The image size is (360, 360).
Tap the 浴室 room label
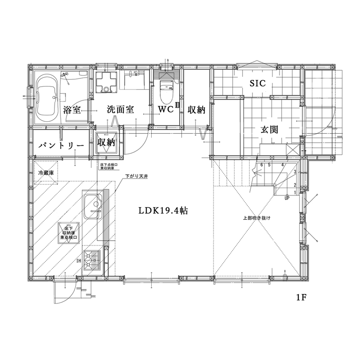(72, 110)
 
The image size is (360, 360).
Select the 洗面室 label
(120, 110)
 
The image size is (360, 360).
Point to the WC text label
(165, 110)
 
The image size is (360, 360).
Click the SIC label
(255, 83)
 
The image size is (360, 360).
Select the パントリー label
(61, 146)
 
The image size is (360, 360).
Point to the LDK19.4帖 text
(162, 211)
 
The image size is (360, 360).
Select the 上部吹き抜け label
(256, 218)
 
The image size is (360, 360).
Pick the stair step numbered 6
(261, 165)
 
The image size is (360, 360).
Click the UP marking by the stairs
(286, 198)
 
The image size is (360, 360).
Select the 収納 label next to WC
(196, 110)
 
